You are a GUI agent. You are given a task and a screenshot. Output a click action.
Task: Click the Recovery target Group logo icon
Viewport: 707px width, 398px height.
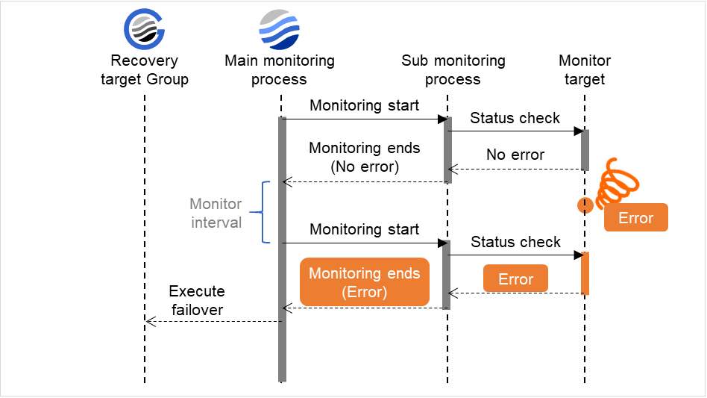click(144, 30)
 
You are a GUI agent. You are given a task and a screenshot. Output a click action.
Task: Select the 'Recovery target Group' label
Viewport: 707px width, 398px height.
click(145, 70)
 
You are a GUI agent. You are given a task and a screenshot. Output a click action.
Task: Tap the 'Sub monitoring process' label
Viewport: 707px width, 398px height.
click(453, 70)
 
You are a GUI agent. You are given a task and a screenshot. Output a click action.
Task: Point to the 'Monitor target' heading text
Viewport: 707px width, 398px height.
click(585, 70)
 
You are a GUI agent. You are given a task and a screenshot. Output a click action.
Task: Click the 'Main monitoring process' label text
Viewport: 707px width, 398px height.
click(279, 70)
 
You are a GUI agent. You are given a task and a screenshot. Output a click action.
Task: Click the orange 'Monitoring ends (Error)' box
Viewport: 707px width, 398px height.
click(365, 282)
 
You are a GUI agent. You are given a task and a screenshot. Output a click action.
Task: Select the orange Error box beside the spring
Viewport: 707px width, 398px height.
click(635, 218)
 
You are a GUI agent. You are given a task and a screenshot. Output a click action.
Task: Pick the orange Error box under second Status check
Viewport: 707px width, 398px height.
click(515, 279)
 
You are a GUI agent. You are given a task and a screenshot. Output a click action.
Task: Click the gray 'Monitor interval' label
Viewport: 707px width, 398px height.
click(216, 213)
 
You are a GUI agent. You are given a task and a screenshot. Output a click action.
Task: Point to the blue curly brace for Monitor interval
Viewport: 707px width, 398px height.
click(260, 212)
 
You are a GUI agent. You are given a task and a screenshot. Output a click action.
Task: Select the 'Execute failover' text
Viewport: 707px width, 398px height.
click(196, 300)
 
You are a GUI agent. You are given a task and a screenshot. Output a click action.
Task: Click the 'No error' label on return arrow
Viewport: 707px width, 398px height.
click(515, 155)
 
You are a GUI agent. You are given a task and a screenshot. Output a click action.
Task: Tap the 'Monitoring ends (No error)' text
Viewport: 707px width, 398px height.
click(364, 157)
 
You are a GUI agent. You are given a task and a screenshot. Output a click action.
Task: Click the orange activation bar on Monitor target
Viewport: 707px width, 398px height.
click(585, 273)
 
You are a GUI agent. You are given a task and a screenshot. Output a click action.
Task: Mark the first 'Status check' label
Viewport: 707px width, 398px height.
click(515, 118)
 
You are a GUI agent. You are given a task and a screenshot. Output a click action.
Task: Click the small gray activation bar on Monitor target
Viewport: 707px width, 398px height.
click(585, 150)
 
